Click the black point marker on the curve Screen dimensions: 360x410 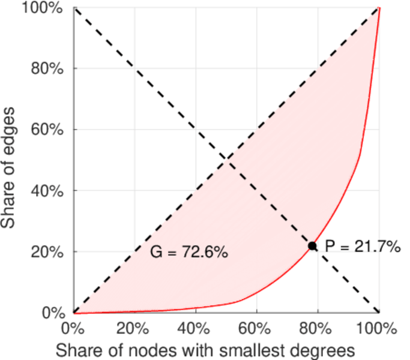312,246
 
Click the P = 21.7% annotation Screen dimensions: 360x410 362,246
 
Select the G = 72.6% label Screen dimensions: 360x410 188,253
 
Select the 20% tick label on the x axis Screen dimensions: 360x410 134,329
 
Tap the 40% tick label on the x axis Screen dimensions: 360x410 195,329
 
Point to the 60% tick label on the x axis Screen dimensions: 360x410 256,329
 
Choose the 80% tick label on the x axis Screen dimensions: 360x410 318,329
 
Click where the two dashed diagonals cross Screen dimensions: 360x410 226,160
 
